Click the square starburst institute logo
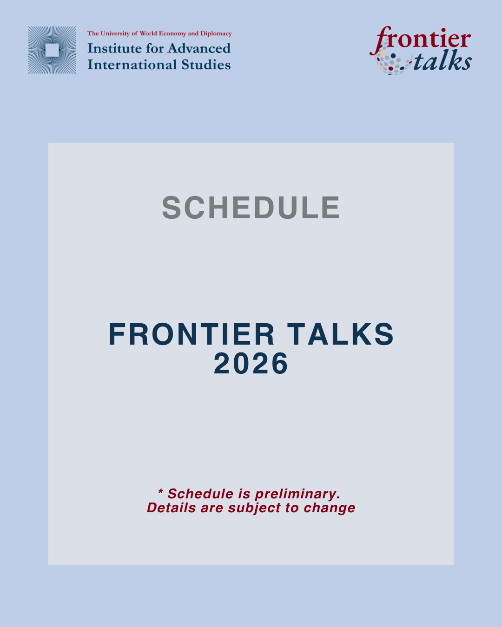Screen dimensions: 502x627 pyautogui.click(x=52, y=50)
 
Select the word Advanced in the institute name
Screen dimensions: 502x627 pyautogui.click(x=199, y=48)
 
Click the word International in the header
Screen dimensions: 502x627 pyautogui.click(x=132, y=65)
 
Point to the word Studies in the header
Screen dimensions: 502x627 pyautogui.click(x=206, y=65)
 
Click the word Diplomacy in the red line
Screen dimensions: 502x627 pyautogui.click(x=216, y=33)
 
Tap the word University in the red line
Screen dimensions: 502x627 pyautogui.click(x=115, y=33)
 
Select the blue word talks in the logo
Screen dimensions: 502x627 pyautogui.click(x=442, y=60)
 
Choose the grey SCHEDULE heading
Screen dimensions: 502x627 pyautogui.click(x=251, y=208)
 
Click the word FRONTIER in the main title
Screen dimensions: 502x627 pyautogui.click(x=192, y=334)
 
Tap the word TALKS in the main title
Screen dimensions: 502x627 pyautogui.click(x=340, y=334)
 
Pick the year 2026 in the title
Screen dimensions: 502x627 pyautogui.click(x=251, y=363)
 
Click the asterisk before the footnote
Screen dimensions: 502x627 pyautogui.click(x=160, y=491)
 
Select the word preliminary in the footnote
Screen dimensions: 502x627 pyautogui.click(x=297, y=494)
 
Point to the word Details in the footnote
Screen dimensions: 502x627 pyautogui.click(x=171, y=508)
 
